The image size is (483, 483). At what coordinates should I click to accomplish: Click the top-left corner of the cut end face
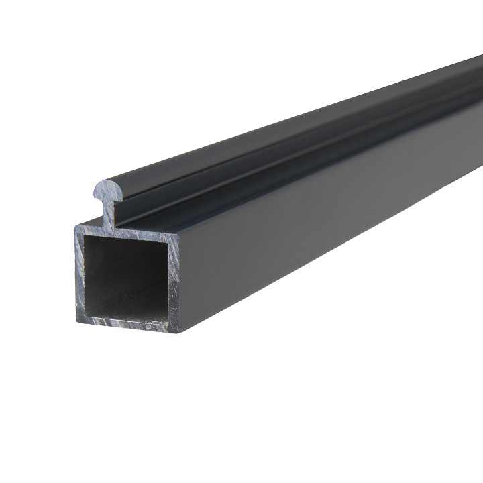(76, 226)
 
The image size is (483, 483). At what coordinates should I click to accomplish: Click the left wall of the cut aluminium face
(80, 275)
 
